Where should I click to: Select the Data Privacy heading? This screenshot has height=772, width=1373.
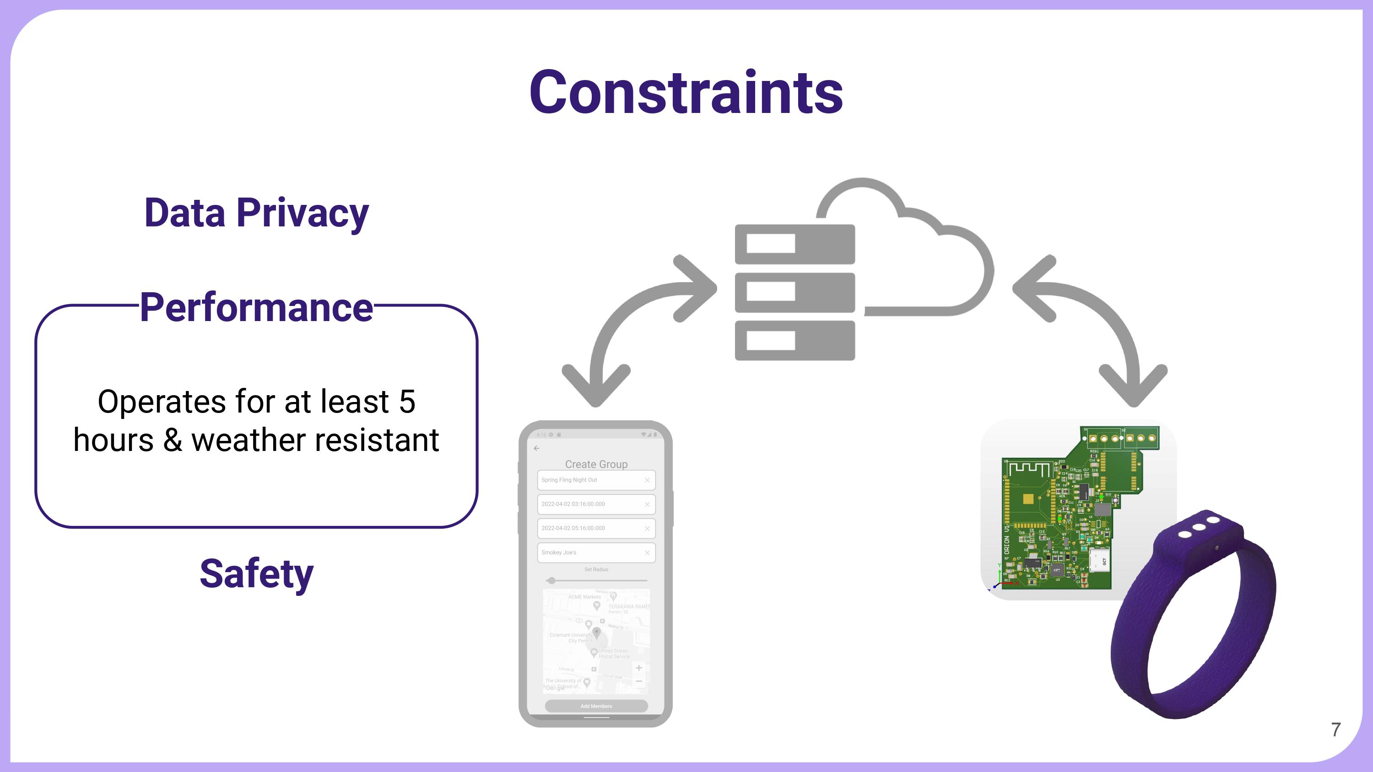[256, 213]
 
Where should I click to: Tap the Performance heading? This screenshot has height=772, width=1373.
[256, 307]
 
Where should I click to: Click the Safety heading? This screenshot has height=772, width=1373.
[256, 574]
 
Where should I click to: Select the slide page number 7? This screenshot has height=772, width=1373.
[1335, 729]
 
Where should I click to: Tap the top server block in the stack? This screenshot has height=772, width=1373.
[795, 244]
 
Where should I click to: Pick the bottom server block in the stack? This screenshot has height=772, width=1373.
[795, 340]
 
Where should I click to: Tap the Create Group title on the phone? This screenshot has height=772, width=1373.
[596, 464]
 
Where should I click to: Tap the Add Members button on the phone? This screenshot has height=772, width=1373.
[596, 706]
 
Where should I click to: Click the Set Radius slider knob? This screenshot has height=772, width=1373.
[551, 581]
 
